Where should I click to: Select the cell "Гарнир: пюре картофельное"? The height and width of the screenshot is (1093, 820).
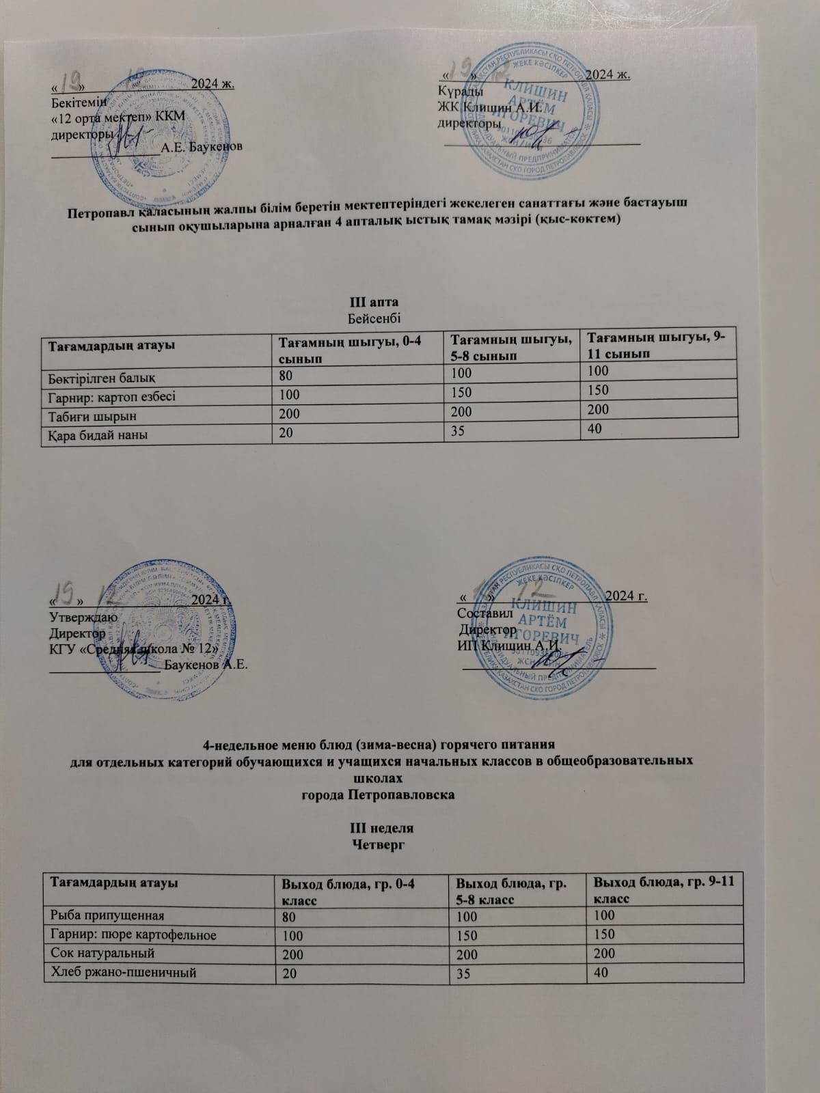(x=132, y=934)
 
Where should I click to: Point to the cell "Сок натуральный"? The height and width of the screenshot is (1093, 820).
(x=100, y=952)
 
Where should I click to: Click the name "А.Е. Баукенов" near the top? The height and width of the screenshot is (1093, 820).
(x=202, y=146)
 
